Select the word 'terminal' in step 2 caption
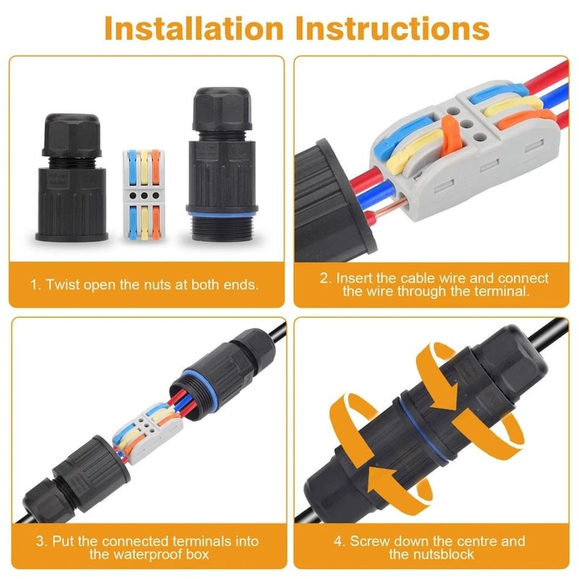pyautogui.click(x=504, y=292)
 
